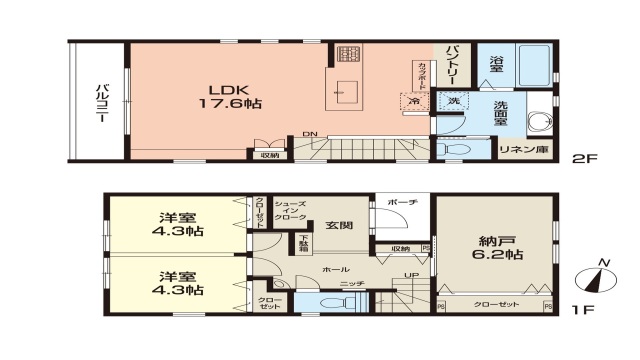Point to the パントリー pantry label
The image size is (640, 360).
coord(451,62)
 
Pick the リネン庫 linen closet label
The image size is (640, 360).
coord(522,150)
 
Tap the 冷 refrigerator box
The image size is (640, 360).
coord(413,101)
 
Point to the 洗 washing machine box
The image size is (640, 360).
coord(452,101)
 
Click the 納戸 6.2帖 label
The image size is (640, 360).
coord(493,245)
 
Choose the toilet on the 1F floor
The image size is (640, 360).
coord(327,304)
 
